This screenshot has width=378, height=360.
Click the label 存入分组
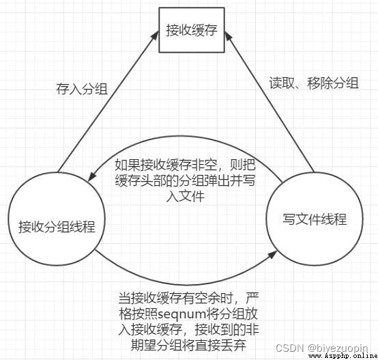pyautogui.click(x=82, y=89)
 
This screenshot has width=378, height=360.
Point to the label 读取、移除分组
pyautogui.click(x=314, y=83)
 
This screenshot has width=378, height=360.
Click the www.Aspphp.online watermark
pyautogui.click(x=343, y=356)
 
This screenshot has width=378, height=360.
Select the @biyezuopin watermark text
pyautogui.click(x=338, y=348)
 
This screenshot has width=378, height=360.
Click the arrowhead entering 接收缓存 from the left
pyautogui.click(x=156, y=35)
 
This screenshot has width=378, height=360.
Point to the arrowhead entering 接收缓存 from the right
pyautogui.click(x=228, y=36)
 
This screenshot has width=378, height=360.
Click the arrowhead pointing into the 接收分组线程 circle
pyautogui.click(x=91, y=177)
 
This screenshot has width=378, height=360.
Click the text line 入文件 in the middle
pyautogui.click(x=186, y=197)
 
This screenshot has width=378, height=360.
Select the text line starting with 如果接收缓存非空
pyautogui.click(x=185, y=165)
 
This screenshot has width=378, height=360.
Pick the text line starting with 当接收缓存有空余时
pyautogui.click(x=188, y=299)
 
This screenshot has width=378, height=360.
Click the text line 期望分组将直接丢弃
pyautogui.click(x=188, y=345)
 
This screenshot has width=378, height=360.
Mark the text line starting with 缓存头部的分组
pyautogui.click(x=185, y=180)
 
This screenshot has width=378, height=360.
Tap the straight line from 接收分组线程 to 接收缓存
pyautogui.click(x=108, y=102)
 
